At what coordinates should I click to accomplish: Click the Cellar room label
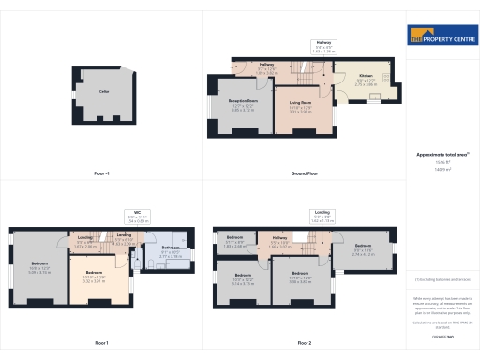pyautogui.click(x=105, y=92)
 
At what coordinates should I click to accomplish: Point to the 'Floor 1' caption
pyautogui.click(x=101, y=342)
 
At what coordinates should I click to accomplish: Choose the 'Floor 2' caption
pyautogui.click(x=304, y=342)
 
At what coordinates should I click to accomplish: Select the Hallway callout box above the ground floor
pyautogui.click(x=323, y=46)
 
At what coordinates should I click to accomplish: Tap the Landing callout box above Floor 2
pyautogui.click(x=322, y=216)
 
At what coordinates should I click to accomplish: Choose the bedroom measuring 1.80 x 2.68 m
pyautogui.click(x=235, y=241)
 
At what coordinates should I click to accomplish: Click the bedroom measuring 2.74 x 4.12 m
pyautogui.click(x=363, y=248)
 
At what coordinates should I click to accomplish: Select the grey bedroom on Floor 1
pyautogui.click(x=39, y=266)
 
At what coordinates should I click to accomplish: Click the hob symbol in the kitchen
pyautogui.click(x=374, y=97)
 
